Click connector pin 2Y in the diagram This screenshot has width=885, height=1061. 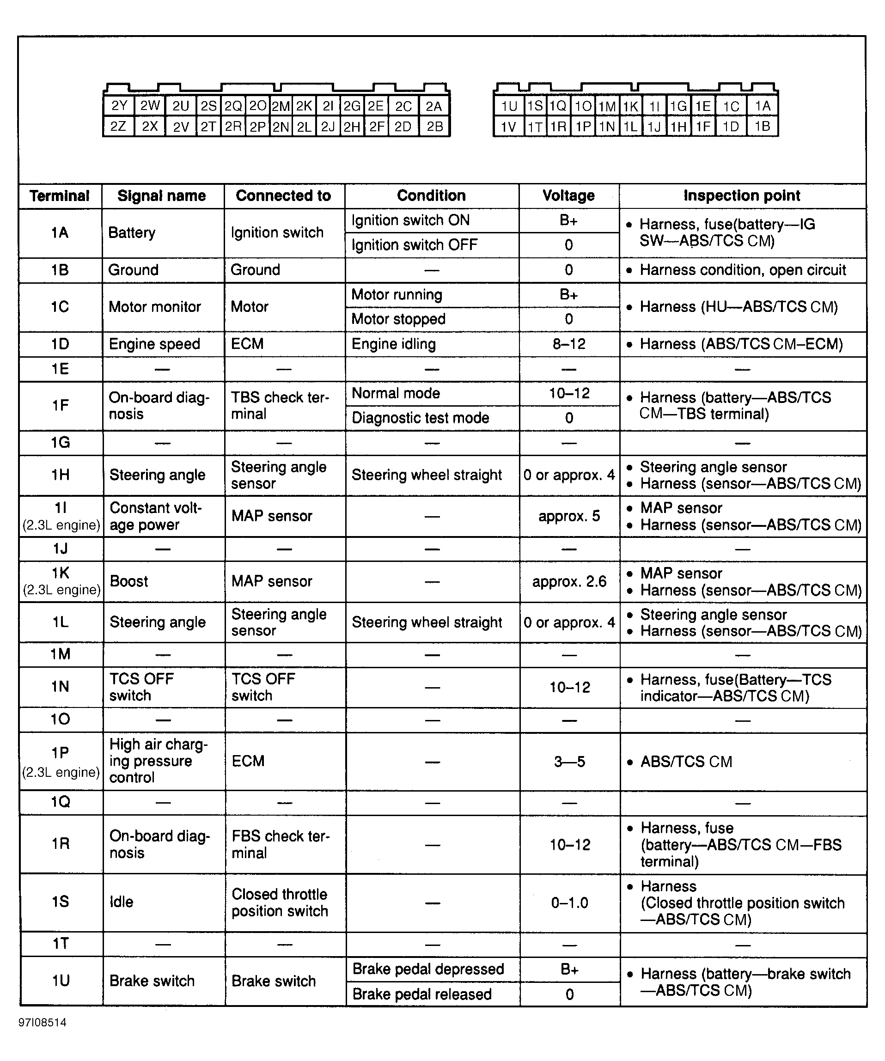(x=119, y=106)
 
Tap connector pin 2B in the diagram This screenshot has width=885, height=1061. (x=434, y=126)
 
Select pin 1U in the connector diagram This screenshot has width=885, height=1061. (x=509, y=106)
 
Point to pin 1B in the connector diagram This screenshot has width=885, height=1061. (x=762, y=126)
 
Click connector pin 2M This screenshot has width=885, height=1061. (x=281, y=106)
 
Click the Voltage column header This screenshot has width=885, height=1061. (x=568, y=195)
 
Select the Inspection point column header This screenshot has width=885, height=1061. (x=742, y=195)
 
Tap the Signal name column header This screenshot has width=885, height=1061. (x=162, y=195)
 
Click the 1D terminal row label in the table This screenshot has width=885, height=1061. (x=60, y=344)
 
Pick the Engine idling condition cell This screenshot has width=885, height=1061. (x=393, y=344)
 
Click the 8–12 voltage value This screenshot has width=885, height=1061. (x=569, y=344)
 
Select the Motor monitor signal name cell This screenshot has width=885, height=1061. (x=154, y=307)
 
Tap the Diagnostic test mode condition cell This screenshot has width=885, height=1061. (x=420, y=418)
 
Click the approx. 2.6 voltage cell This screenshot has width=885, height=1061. (x=569, y=581)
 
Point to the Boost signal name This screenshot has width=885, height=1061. (x=129, y=581)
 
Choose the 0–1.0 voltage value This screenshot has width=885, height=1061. (x=569, y=903)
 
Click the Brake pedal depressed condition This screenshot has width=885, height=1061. (x=428, y=969)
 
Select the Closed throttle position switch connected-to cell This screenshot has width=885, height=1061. (x=280, y=902)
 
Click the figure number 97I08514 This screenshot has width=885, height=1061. (x=43, y=1023)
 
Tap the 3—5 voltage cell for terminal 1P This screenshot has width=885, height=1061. (x=569, y=762)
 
